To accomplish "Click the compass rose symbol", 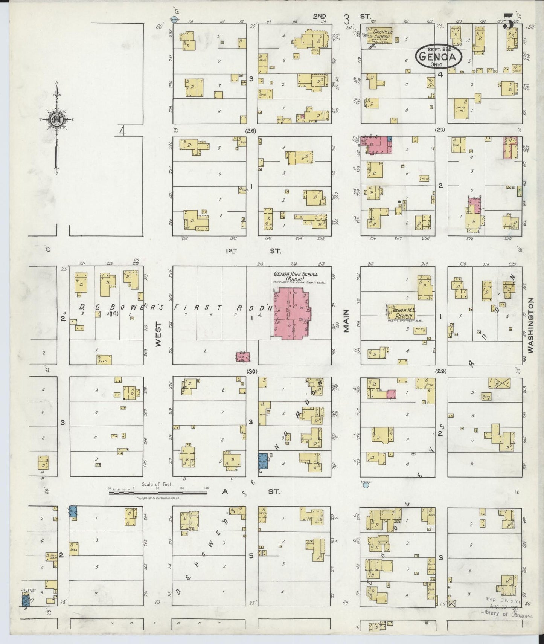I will (x=57, y=120).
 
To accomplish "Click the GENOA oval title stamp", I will (x=439, y=57).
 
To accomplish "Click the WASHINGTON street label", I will (x=531, y=325).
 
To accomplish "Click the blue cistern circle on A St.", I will (x=365, y=485).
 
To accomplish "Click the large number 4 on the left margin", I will (x=122, y=131).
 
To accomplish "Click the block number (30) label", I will (x=251, y=372).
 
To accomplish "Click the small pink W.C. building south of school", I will (x=243, y=356).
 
